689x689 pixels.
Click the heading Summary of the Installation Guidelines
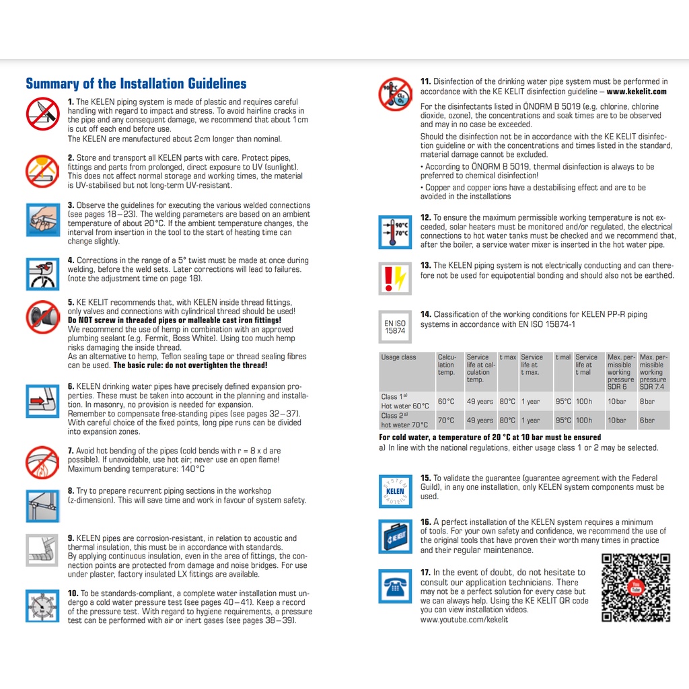point(136,84)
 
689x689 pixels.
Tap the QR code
point(635,587)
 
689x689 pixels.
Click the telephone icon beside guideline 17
point(396,585)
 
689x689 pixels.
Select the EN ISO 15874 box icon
point(395,326)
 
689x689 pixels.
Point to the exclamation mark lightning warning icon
point(395,278)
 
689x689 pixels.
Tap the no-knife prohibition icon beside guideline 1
point(42,114)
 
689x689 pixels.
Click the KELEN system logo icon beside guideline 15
point(396,491)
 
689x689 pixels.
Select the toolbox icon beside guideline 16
point(396,536)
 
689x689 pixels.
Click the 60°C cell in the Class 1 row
point(445,402)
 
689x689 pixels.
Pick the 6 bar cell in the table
point(647,421)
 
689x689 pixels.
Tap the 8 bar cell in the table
point(647,402)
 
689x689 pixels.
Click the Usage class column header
point(399,357)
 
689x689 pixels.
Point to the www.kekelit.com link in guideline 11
point(637,92)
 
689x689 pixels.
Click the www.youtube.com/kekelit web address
point(464,619)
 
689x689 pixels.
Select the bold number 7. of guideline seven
point(71,451)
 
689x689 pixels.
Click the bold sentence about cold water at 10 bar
point(490,437)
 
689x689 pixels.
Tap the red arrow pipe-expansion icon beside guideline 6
point(42,402)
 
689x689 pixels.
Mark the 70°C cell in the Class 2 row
point(445,421)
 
